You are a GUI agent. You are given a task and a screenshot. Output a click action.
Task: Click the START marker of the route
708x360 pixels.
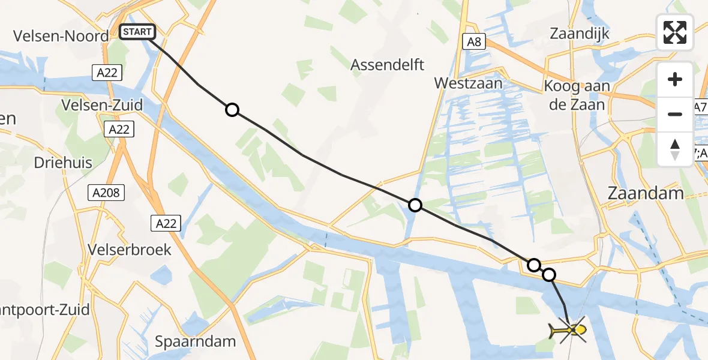(x=138, y=32)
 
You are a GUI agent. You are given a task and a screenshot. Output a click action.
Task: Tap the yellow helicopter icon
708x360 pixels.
(x=568, y=329)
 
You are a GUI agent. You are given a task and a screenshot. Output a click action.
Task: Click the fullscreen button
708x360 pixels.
(x=675, y=32)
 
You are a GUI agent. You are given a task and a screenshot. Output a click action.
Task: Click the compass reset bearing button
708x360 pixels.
(x=675, y=149)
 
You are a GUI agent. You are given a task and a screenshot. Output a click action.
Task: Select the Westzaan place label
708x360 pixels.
(x=469, y=83)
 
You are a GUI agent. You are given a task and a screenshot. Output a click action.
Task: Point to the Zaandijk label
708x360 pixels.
(x=580, y=34)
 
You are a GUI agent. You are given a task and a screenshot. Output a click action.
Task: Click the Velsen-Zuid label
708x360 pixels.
(x=102, y=106)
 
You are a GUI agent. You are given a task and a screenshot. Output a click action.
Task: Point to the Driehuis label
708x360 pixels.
(x=63, y=163)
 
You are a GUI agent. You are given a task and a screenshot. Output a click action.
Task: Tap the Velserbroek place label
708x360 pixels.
(x=129, y=249)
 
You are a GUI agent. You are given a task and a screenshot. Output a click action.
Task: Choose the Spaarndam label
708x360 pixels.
(x=196, y=342)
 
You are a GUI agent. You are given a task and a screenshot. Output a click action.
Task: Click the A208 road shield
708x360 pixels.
(x=106, y=193)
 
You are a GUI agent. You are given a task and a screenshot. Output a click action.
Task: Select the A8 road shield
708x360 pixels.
(x=473, y=41)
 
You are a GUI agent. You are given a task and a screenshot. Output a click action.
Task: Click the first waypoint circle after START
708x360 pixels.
(x=232, y=110)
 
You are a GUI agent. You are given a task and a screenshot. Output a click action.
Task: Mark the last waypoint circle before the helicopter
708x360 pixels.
(x=549, y=275)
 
